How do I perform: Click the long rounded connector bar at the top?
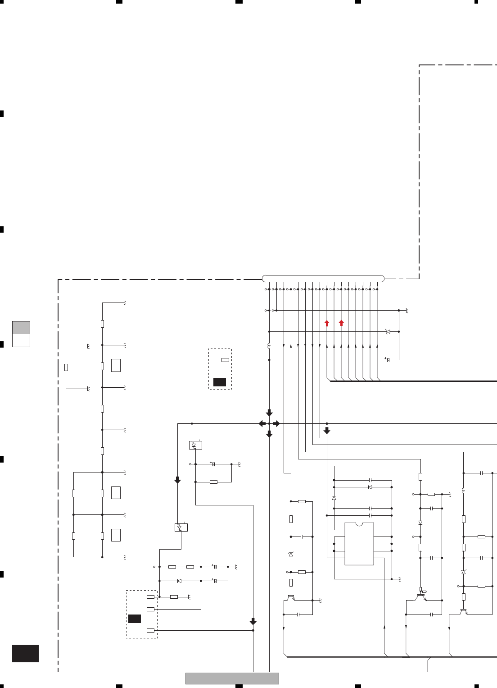click(323, 278)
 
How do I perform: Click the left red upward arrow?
click(327, 323)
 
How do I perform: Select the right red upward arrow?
click(341, 323)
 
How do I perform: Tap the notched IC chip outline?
click(359, 544)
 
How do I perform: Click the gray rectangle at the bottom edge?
click(232, 678)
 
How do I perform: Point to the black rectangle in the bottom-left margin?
click(25, 653)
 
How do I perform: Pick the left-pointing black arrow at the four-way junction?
click(262, 423)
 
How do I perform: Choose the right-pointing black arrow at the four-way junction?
click(276, 423)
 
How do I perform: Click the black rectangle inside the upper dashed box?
click(220, 382)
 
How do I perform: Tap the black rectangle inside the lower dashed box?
click(135, 619)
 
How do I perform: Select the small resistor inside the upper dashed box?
click(225, 360)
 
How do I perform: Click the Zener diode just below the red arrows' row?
click(388, 331)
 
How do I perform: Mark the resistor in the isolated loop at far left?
click(66, 367)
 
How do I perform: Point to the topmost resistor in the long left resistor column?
click(103, 323)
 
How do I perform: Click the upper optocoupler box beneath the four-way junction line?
click(195, 445)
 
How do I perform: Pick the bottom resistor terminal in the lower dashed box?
click(150, 630)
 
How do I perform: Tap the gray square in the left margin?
click(21, 327)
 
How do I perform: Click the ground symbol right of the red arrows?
click(407, 311)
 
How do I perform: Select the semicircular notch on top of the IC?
click(359, 524)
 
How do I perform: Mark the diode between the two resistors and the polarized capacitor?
click(180, 581)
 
